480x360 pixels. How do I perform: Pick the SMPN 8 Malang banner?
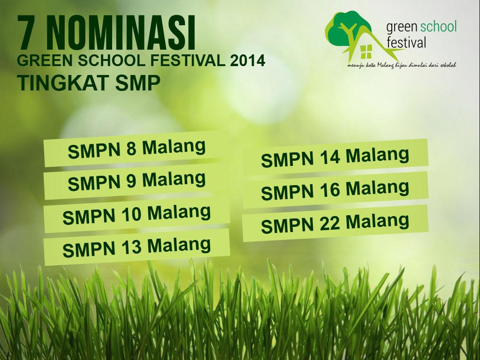pos(137,149)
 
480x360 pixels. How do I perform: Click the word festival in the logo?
pos(406,43)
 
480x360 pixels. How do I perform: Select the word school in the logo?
pos(439,27)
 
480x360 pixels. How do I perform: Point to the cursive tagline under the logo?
pos(402,65)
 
